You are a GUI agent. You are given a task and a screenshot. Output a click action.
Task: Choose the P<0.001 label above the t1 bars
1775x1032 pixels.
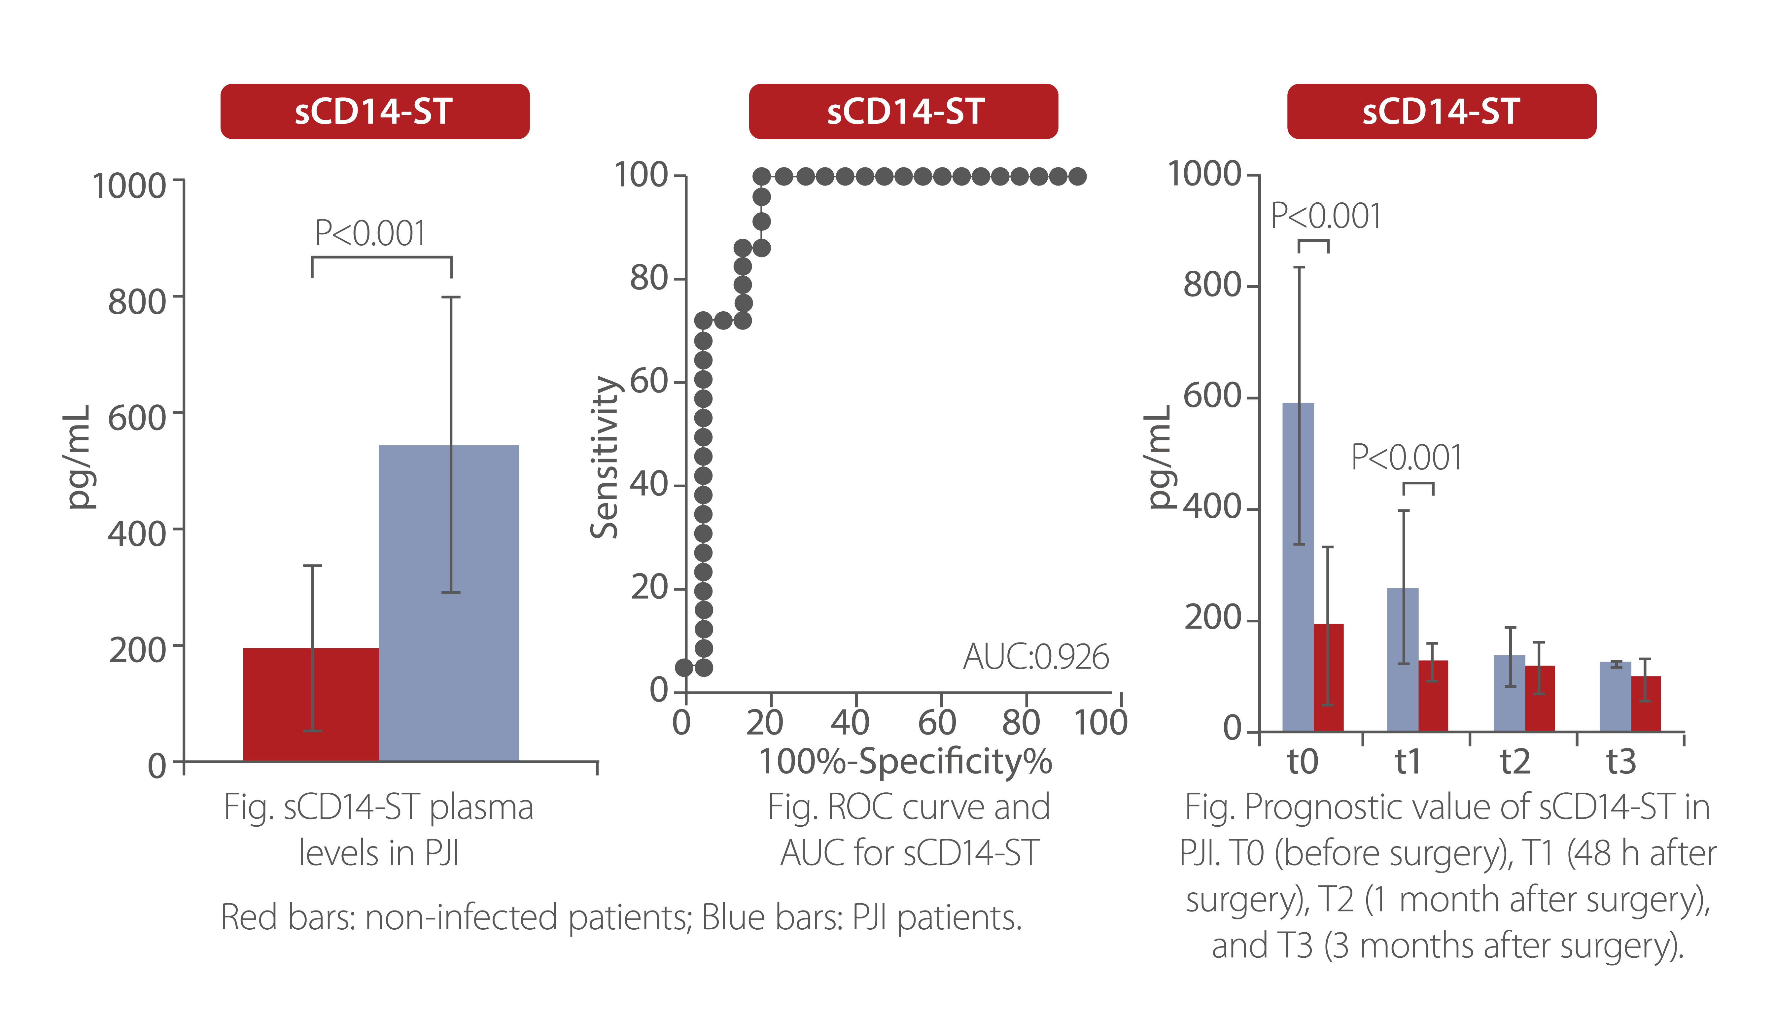click(1406, 458)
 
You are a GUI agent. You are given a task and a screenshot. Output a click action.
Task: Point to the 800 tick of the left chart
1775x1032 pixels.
click(137, 301)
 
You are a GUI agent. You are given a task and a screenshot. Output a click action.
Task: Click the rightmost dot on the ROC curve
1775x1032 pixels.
click(1077, 176)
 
